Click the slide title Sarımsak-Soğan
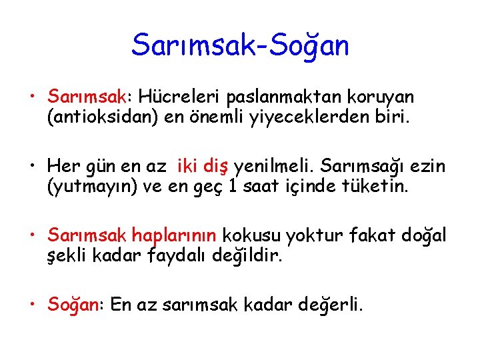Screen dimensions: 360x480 click(240, 45)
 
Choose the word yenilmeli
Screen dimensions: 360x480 click(279, 167)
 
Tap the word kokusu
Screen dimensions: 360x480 click(250, 235)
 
